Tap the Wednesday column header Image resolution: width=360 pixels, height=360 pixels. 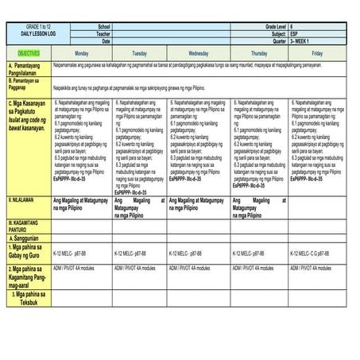click(x=198, y=52)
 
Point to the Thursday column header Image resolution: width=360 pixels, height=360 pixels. click(x=258, y=52)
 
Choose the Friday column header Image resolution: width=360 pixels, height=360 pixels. click(x=317, y=52)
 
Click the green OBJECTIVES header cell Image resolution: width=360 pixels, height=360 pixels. click(x=29, y=52)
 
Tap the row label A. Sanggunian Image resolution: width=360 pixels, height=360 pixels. click(x=26, y=238)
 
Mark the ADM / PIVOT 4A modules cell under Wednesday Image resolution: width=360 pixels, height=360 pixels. click(x=191, y=269)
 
